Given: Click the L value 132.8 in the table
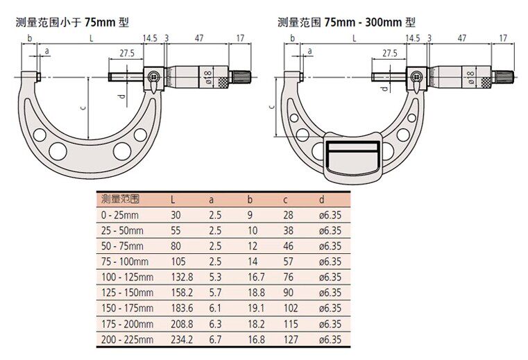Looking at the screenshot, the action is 182,277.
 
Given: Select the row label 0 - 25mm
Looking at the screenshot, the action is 120,215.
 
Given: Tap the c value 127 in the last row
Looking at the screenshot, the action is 291,339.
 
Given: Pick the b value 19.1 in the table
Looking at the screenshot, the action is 256,308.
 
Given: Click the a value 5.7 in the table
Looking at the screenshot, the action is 215,292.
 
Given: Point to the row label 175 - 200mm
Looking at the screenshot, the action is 127,324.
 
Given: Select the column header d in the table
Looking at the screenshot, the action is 321,199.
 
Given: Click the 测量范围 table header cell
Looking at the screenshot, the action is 120,199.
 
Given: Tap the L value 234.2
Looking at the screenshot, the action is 182,339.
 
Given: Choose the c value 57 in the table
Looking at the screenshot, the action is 288,262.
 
